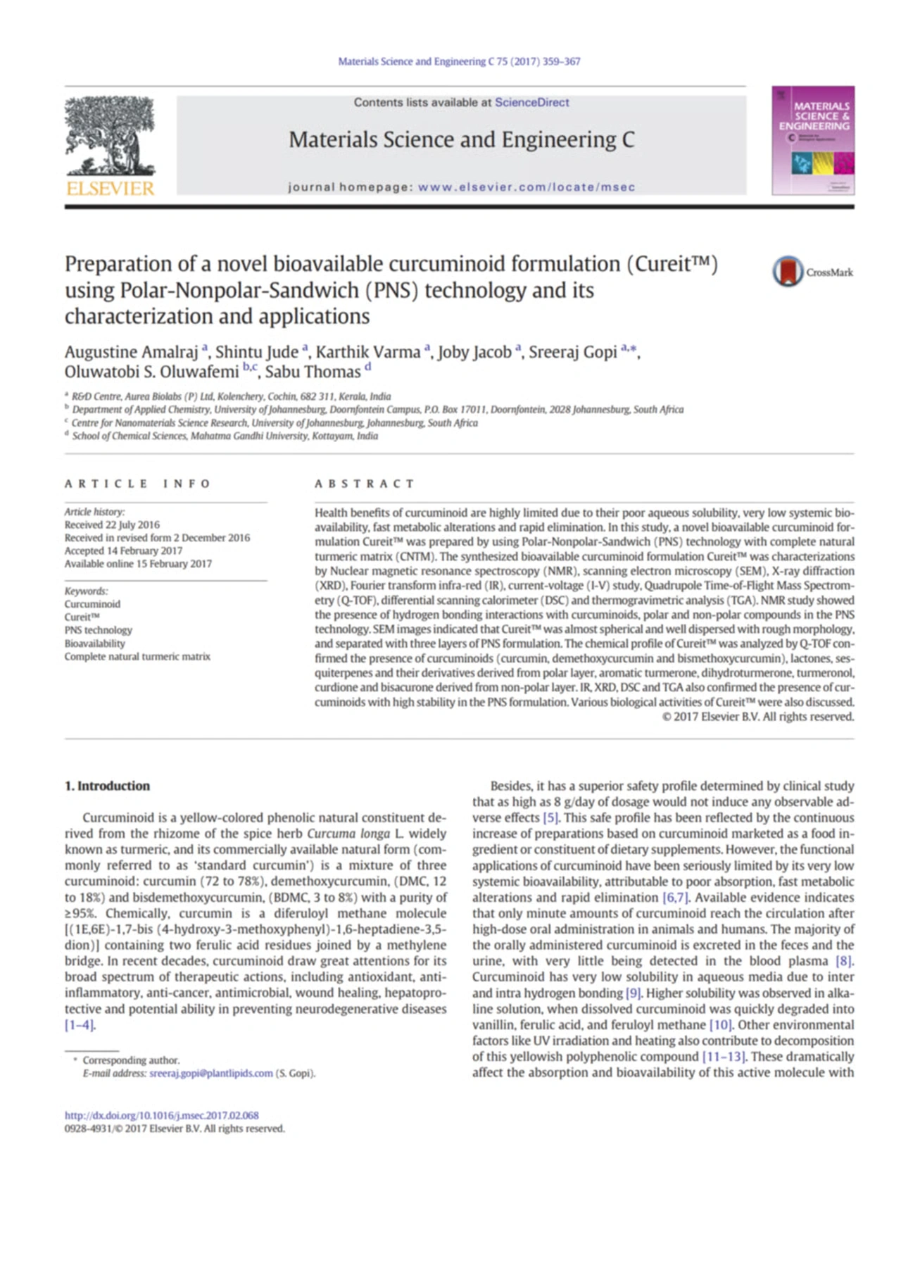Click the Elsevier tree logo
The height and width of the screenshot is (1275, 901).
point(110,136)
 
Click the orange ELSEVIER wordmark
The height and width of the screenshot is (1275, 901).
point(110,188)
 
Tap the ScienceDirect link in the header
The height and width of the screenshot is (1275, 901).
point(531,103)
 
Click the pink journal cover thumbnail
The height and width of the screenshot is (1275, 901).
point(813,140)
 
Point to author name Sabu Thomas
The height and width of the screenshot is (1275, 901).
point(313,372)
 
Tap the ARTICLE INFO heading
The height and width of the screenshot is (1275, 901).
point(137,484)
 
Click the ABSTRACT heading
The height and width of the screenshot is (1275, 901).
point(364,484)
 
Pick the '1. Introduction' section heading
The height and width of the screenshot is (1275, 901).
point(107,786)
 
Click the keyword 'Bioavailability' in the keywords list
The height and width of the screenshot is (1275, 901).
point(94,643)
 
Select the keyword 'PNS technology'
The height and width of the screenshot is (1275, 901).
point(98,630)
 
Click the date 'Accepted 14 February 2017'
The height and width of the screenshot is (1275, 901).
point(123,551)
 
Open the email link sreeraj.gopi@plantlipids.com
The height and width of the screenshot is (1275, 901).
point(210,1074)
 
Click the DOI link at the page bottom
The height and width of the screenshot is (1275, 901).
point(161,1115)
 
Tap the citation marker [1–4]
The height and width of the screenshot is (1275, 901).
point(80,1025)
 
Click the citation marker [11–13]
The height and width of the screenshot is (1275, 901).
point(724,1057)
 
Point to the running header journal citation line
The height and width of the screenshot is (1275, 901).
point(459,62)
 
